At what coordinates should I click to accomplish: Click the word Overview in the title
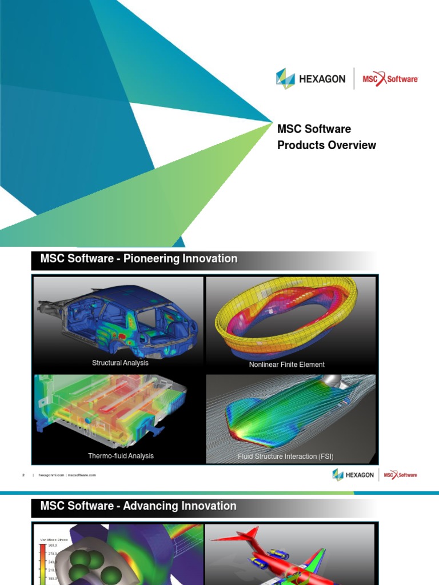[x=352, y=145]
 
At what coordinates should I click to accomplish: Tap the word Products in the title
[x=301, y=145]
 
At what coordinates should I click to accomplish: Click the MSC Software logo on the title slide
[x=390, y=79]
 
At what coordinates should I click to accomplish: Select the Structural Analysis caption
[x=120, y=363]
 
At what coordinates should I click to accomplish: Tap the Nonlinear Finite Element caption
[x=287, y=364]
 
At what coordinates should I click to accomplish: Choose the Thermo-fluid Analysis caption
[x=121, y=456]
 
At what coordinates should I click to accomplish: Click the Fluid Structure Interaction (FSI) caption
[x=286, y=456]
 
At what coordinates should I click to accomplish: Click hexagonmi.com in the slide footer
[x=51, y=475]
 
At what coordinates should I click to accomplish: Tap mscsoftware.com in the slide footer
[x=82, y=475]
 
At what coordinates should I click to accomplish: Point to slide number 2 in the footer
[x=23, y=475]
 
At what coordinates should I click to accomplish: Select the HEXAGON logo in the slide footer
[x=353, y=475]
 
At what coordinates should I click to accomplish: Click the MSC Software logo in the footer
[x=400, y=475]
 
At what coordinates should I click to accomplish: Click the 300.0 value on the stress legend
[x=51, y=546]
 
